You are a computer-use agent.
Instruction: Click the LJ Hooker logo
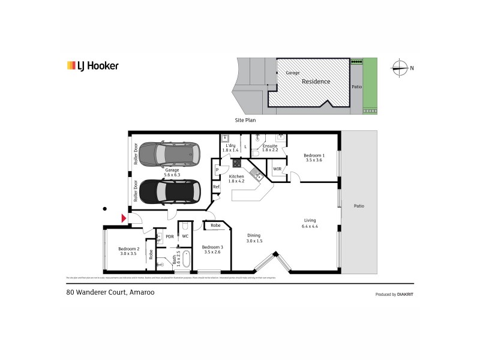[92, 66]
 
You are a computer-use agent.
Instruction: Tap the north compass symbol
[399, 67]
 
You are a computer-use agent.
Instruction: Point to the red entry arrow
[124, 219]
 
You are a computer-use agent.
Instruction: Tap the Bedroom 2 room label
[128, 251]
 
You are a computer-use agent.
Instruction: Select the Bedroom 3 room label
[212, 250]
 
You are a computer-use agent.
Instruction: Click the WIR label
[277, 169]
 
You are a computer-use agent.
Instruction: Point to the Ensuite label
[271, 147]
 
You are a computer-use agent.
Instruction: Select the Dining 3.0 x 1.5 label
[254, 238]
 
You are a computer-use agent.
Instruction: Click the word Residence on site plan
[316, 81]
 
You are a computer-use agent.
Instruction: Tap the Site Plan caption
[245, 120]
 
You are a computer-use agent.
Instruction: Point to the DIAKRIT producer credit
[395, 295]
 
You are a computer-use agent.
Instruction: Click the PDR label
[170, 236]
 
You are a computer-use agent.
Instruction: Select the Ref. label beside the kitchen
[217, 187]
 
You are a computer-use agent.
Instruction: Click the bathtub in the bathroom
[186, 260]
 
